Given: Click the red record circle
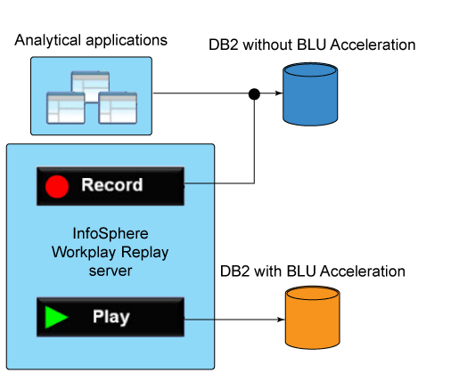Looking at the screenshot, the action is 57,186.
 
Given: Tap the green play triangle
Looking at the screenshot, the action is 56,317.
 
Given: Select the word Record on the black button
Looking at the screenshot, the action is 112,184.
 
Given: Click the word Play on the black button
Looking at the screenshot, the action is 111,317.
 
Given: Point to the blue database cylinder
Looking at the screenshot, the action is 310,94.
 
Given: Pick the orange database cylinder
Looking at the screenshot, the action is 312,318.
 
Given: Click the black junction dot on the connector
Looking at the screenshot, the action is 254,94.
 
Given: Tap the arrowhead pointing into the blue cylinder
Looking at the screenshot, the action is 279,93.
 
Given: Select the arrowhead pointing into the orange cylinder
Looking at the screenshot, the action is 281,320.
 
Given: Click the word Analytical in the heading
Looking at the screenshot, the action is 47,40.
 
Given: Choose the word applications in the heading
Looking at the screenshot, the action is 127,41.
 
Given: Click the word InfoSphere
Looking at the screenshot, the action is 111,233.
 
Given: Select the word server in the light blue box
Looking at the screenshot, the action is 111,271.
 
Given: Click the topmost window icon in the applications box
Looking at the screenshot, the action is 90,86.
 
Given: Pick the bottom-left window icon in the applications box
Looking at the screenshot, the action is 66,108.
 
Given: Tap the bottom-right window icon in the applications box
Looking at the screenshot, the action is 118,108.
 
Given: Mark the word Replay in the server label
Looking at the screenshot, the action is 144,253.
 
